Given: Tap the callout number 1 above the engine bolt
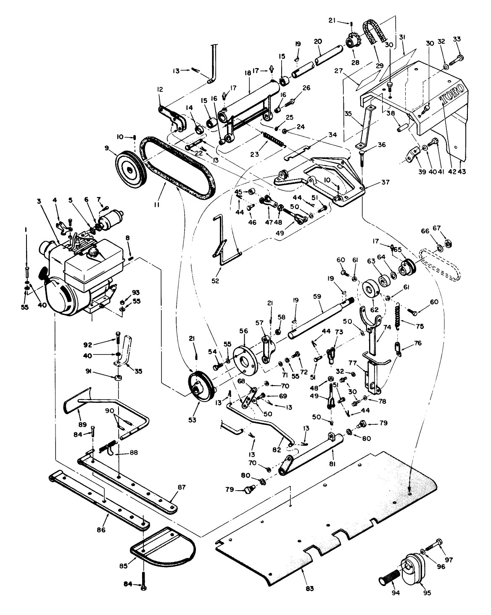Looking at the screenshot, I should [26, 229].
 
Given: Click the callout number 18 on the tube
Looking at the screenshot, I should [247, 73].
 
